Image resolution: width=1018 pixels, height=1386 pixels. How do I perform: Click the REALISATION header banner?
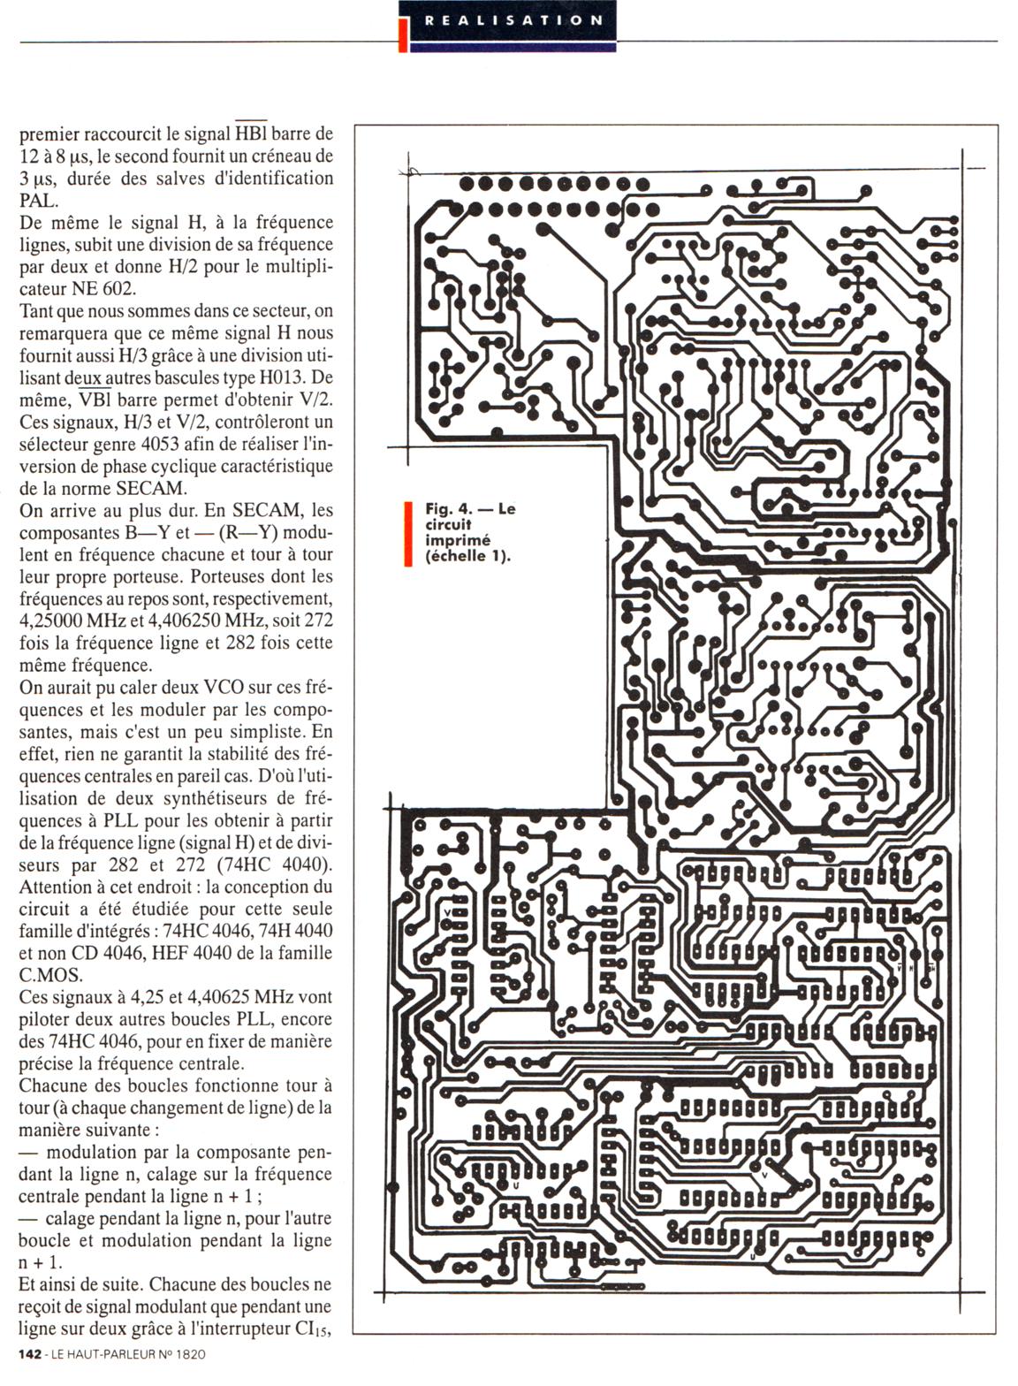513,19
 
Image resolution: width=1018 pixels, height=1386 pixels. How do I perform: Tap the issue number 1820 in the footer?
187,1354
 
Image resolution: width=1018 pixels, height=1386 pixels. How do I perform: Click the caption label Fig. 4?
445,509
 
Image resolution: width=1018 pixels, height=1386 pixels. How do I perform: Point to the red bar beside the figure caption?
408,533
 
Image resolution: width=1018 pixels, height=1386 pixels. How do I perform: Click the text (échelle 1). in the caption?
467,556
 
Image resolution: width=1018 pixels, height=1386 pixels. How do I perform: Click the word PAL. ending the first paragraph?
38,201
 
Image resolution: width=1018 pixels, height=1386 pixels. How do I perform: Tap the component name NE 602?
120,289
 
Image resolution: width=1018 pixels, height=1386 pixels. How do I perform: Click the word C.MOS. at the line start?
50,975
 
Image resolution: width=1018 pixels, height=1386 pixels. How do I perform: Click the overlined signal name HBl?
250,134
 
